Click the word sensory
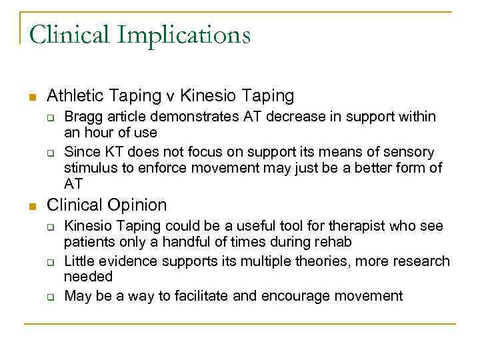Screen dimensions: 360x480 click(407, 152)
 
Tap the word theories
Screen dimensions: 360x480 click(325, 261)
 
